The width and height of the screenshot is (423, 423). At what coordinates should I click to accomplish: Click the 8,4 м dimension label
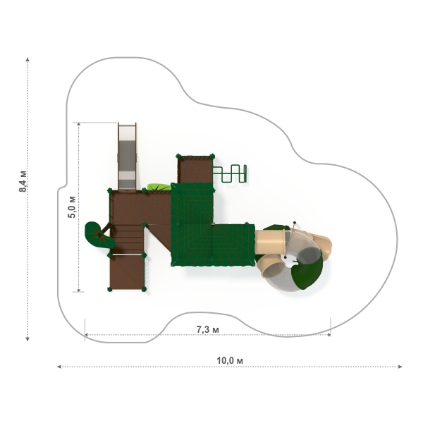tap(23, 181)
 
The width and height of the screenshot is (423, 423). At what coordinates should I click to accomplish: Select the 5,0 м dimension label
tap(72, 207)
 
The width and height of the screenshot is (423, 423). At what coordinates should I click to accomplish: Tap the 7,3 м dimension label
tap(207, 329)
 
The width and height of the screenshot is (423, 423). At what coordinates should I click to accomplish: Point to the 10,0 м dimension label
tap(230, 360)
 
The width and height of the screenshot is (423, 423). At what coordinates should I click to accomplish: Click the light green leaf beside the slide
tap(159, 187)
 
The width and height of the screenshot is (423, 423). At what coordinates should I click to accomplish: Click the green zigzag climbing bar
tap(230, 173)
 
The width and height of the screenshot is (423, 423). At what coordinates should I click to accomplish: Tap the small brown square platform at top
tap(195, 169)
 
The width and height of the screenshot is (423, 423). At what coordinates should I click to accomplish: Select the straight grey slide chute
tap(127, 157)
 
